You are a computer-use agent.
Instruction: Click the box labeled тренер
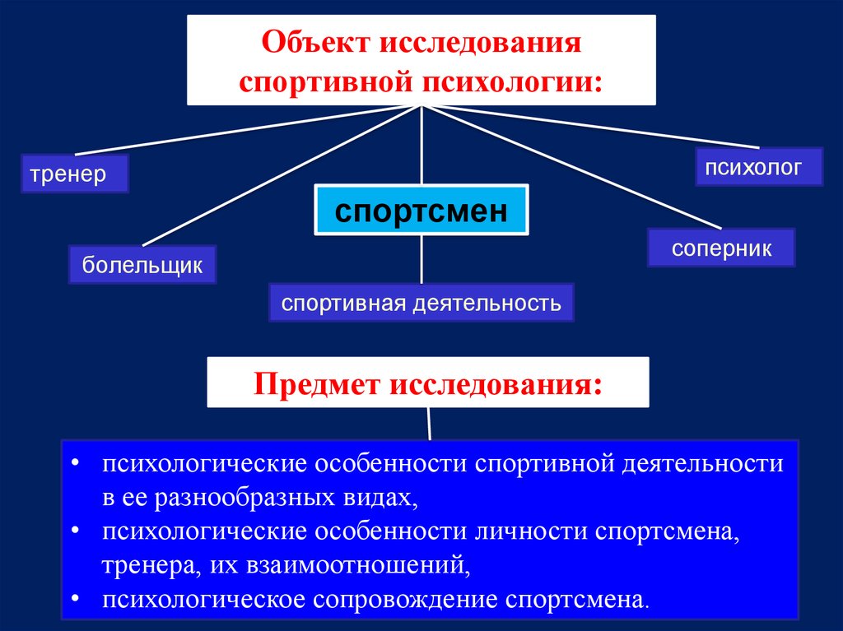tap(75, 174)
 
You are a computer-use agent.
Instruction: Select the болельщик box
tap(142, 264)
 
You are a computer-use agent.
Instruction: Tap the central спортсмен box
tap(421, 210)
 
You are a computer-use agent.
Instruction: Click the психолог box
tap(758, 167)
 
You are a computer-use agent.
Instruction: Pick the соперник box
tap(721, 248)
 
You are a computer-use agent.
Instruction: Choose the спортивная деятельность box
tap(421, 303)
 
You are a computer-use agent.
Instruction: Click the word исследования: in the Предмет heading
tap(496, 384)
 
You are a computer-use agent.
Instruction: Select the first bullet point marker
tap(75, 463)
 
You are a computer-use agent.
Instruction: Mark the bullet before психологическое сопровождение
tap(75, 599)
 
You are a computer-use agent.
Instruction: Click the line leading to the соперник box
tap(571, 167)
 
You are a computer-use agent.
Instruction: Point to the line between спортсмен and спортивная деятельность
tap(421, 259)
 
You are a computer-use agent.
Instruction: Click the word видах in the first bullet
tap(380, 498)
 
